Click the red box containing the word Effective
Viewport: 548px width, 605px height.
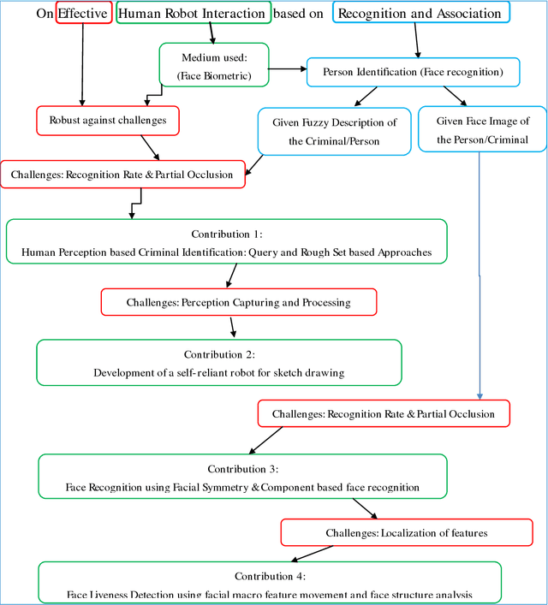click(83, 14)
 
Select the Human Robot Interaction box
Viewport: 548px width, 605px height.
click(193, 14)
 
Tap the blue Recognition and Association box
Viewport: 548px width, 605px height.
click(420, 13)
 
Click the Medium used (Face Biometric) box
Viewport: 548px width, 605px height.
click(213, 65)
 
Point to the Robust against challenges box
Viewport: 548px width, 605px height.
click(108, 121)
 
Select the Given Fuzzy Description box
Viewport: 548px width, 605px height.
click(334, 131)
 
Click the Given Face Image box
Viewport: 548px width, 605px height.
click(482, 128)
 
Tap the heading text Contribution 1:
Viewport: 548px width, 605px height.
click(226, 234)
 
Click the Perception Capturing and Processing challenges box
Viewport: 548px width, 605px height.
click(238, 302)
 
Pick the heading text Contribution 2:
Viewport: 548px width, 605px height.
click(219, 354)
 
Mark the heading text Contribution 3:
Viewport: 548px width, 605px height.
click(242, 469)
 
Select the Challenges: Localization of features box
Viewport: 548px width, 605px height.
click(406, 532)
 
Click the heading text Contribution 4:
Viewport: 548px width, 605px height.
click(270, 576)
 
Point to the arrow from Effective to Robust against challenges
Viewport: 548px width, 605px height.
click(82, 64)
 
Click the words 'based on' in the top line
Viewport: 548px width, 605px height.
click(301, 14)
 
